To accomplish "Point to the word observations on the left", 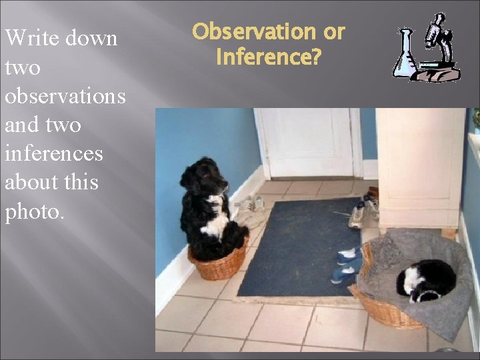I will pos(65,96).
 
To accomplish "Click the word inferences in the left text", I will pos(54,153).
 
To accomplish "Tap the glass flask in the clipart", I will pos(405,55).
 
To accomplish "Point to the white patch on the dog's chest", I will pos(216,223).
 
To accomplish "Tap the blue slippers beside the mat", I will pos(347,264).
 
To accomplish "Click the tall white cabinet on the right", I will pos(420,167).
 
